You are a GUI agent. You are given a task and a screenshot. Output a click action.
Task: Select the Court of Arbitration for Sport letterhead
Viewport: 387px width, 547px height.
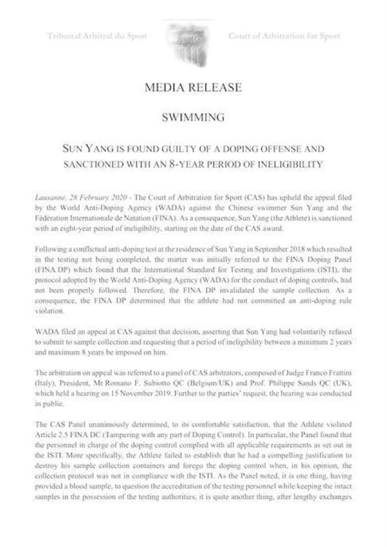click(x=284, y=37)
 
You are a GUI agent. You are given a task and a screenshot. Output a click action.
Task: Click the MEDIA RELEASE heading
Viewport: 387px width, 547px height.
click(x=193, y=87)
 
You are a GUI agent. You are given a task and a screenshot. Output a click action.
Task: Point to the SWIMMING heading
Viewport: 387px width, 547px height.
click(x=193, y=117)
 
